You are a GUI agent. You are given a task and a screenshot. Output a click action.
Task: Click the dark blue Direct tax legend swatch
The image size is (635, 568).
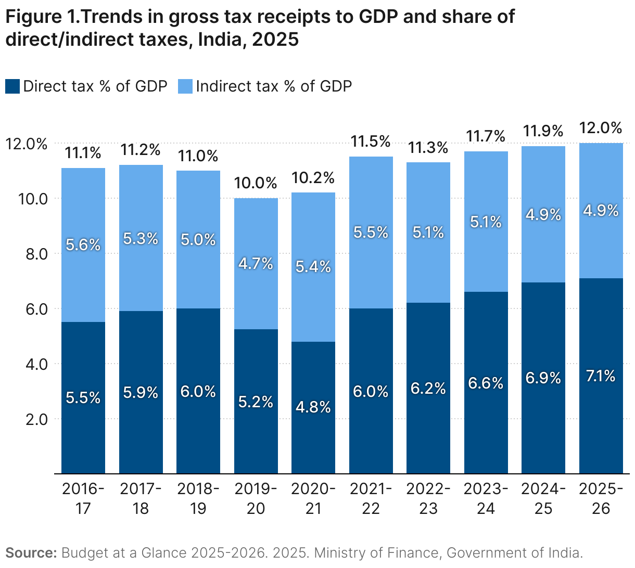(x=13, y=86)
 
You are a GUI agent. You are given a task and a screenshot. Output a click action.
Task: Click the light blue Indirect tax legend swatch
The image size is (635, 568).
(x=185, y=86)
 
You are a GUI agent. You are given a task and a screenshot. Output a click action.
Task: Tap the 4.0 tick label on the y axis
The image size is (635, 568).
(x=36, y=364)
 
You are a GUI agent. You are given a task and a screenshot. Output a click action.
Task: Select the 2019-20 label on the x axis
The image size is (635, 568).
(x=256, y=498)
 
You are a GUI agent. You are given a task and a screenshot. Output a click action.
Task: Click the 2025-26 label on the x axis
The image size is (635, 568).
(x=601, y=498)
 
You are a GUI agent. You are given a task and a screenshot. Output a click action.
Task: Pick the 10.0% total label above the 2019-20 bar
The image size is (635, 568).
(x=256, y=183)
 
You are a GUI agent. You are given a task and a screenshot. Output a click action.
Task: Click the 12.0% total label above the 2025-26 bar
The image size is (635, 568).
(x=601, y=128)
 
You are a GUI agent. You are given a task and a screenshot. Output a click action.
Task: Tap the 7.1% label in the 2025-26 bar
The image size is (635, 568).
(x=601, y=376)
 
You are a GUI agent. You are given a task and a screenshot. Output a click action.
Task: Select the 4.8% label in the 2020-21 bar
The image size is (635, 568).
(x=313, y=407)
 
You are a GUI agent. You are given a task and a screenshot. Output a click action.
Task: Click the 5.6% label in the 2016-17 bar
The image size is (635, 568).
(x=83, y=244)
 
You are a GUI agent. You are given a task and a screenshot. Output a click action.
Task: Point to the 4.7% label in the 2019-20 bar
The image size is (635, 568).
(x=256, y=264)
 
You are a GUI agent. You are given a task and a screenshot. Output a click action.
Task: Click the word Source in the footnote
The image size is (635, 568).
(x=31, y=552)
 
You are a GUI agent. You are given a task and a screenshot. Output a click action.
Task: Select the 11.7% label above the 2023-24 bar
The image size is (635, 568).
(x=486, y=136)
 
